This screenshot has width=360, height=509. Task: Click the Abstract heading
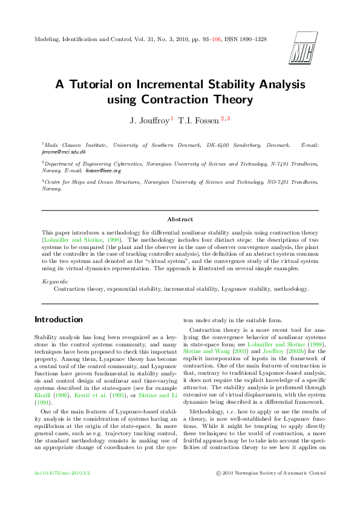click(180, 219)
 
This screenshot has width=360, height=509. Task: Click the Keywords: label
click(55, 282)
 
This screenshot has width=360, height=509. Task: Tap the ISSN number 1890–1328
click(250, 39)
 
